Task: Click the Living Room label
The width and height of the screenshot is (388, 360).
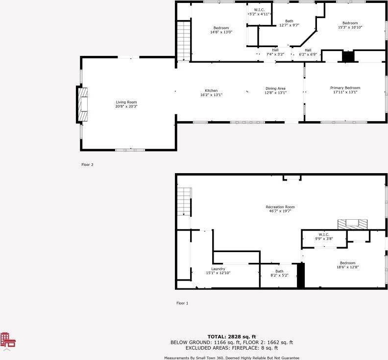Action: [x=126, y=104]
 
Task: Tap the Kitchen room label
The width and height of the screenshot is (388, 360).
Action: [x=211, y=92]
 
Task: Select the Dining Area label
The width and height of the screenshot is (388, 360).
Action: [x=275, y=90]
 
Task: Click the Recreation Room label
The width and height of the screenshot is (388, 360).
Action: [x=280, y=209]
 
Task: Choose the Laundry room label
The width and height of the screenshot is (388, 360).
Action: [x=218, y=270]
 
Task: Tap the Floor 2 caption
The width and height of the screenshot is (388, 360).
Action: [x=87, y=165]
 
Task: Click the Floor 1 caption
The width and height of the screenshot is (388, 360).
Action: [x=182, y=303]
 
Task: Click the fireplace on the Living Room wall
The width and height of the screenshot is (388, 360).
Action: [x=82, y=104]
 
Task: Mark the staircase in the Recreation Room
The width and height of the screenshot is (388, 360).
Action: [x=183, y=202]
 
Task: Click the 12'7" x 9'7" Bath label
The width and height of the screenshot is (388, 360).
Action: [x=289, y=23]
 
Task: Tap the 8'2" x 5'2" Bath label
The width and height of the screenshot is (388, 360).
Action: [x=279, y=273]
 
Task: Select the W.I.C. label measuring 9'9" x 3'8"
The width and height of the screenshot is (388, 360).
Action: [x=323, y=236]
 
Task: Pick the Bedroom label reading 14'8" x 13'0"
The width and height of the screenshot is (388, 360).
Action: [x=221, y=30]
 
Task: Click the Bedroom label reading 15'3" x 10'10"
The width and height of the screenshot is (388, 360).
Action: [x=350, y=25]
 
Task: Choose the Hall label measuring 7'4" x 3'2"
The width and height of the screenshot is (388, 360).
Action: [x=275, y=52]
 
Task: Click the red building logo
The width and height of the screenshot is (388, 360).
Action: [x=7, y=340]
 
